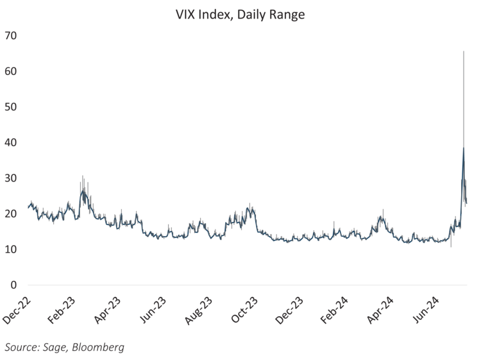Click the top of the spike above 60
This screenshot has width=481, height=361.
(464, 51)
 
